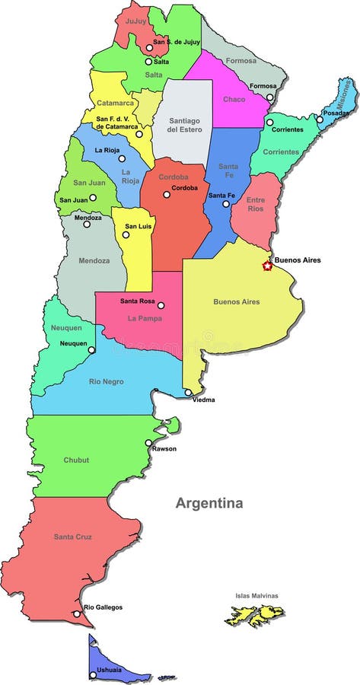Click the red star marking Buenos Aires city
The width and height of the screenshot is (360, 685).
[267, 266]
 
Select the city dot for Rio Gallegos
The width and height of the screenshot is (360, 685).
[77, 613]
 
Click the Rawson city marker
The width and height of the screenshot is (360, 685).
[148, 442]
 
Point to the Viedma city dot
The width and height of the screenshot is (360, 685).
[188, 393]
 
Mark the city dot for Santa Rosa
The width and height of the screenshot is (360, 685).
[161, 305]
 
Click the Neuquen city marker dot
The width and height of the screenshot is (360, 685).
[91, 350]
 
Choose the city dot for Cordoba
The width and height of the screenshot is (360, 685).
[167, 195]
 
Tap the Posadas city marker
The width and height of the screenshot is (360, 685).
[320, 119]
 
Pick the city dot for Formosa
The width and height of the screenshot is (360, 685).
[269, 97]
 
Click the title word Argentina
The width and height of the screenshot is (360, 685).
[209, 503]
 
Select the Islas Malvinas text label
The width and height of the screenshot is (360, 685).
[256, 595]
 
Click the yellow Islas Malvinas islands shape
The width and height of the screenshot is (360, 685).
[254, 614]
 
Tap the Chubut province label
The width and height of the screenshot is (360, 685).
[77, 460]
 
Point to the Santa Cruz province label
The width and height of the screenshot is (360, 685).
[73, 537]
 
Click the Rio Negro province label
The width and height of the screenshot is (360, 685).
[107, 381]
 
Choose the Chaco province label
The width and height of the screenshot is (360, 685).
[233, 99]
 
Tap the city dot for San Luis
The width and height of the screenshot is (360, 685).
[126, 234]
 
